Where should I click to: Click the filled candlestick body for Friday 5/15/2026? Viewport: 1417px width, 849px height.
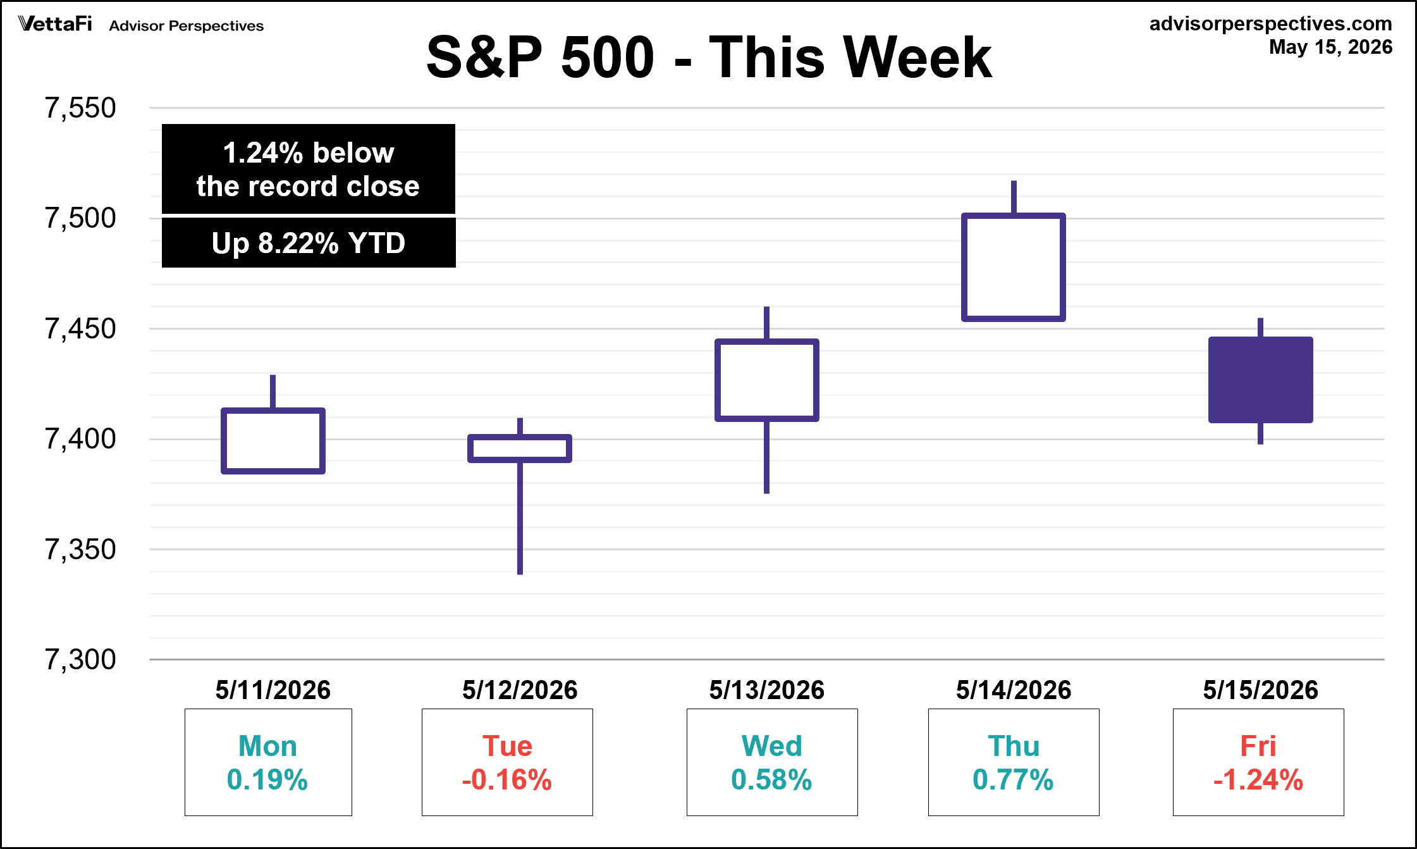pyautogui.click(x=1260, y=380)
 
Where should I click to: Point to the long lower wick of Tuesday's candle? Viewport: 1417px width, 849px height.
pyautogui.click(x=520, y=518)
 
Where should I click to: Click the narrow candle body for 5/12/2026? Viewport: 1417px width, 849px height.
pyautogui.click(x=520, y=437)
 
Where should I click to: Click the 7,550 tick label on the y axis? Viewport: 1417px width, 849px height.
pyautogui.click(x=80, y=108)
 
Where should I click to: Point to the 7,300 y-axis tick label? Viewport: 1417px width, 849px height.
pyautogui.click(x=80, y=659)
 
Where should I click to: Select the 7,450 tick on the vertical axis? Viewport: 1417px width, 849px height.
pyautogui.click(x=80, y=329)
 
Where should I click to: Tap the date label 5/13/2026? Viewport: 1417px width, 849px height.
pyautogui.click(x=767, y=690)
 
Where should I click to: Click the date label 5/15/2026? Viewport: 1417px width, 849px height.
pyautogui.click(x=1261, y=690)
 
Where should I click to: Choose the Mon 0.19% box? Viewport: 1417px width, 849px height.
pyautogui.click(x=268, y=762)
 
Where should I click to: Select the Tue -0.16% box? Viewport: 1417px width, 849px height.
pyautogui.click(x=507, y=762)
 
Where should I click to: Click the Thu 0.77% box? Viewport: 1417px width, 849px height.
pyautogui.click(x=1014, y=762)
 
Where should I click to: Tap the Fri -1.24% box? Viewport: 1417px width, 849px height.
pyautogui.click(x=1258, y=762)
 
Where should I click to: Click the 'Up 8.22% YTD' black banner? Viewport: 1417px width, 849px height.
pyautogui.click(x=309, y=243)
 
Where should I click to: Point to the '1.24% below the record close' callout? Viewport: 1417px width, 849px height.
pyautogui.click(x=309, y=169)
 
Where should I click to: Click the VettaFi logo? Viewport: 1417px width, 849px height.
pyautogui.click(x=55, y=24)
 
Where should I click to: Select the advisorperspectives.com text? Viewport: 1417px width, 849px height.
pyautogui.click(x=1271, y=23)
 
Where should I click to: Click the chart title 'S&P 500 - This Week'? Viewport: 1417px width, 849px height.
pyautogui.click(x=709, y=57)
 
